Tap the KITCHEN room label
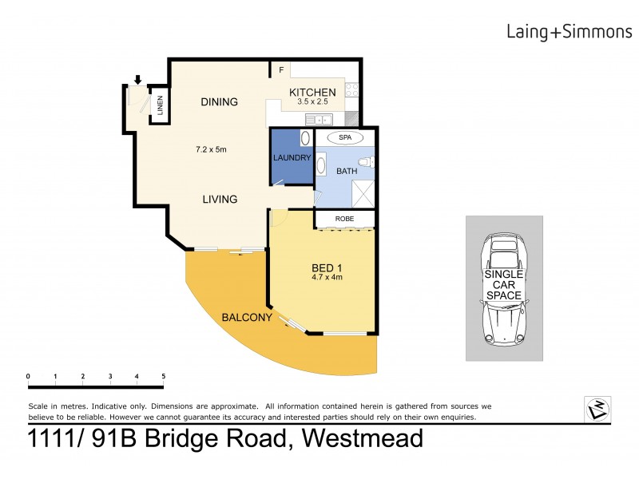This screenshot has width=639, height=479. tap(312, 93)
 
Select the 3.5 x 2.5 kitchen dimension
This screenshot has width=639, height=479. tap(312, 102)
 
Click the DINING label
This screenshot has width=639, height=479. tap(219, 101)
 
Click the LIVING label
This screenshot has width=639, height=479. tap(219, 199)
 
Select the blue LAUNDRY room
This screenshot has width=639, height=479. tap(291, 157)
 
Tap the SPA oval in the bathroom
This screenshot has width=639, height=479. tap(344, 137)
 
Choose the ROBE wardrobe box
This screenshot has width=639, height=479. tap(343, 219)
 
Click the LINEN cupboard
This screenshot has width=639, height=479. tap(160, 105)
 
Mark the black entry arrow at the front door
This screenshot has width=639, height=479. tap(138, 79)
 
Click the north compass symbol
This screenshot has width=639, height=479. tap(597, 408)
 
